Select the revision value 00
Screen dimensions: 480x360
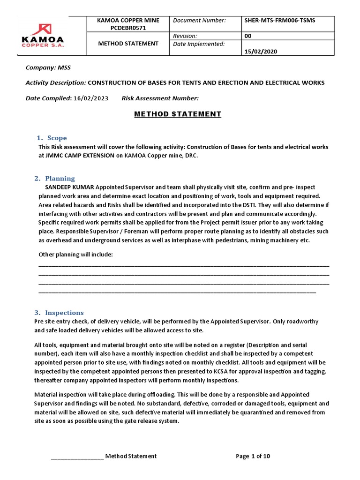pyautogui.click(x=248, y=36)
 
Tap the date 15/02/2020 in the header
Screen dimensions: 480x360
pyautogui.click(x=261, y=52)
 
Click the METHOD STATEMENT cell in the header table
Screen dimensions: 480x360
pyautogui.click(x=128, y=44)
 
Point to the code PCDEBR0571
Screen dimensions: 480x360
pyautogui.click(x=128, y=28)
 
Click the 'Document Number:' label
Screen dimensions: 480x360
pyautogui.click(x=199, y=21)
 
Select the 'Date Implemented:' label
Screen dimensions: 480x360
pyautogui.click(x=199, y=44)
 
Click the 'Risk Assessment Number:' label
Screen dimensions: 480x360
pyautogui.click(x=160, y=98)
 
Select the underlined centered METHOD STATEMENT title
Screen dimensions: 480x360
pyautogui.click(x=178, y=114)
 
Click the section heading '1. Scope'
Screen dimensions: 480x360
pyautogui.click(x=52, y=138)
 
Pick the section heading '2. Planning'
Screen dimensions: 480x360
pyautogui.click(x=55, y=178)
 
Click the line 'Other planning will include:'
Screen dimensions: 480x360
pyautogui.click(x=75, y=254)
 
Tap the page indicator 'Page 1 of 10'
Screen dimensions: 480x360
pyautogui.click(x=253, y=456)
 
